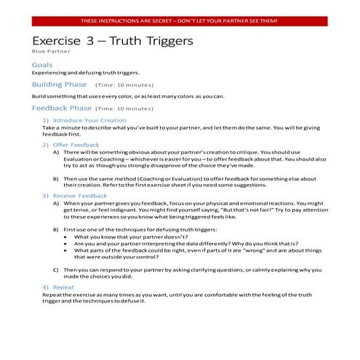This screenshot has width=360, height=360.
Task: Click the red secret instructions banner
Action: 179,21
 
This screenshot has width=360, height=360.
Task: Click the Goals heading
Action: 42,65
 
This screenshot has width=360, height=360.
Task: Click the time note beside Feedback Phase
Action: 128,109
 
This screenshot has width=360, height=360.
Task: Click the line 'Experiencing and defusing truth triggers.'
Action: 86,73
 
